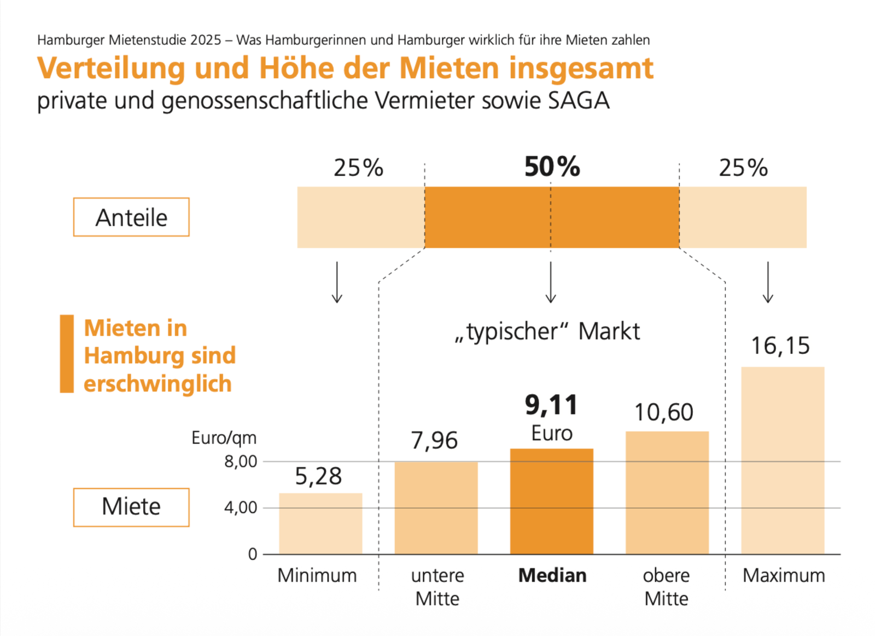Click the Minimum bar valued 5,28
[x=320, y=523]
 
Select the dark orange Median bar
[x=551, y=501]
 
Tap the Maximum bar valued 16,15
[x=783, y=460]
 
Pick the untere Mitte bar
[x=436, y=507]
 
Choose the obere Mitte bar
[x=667, y=492]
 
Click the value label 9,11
[x=551, y=405]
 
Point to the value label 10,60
[x=663, y=412]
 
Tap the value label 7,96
[x=434, y=440]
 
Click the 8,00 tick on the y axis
[x=241, y=462]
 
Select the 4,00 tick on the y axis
[x=241, y=508]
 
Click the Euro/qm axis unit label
[x=224, y=438]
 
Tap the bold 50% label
[x=552, y=167]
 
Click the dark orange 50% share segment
[x=552, y=217]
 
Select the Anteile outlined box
[x=131, y=217]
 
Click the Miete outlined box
[x=131, y=507]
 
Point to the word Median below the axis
[x=552, y=575]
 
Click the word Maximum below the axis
[x=784, y=575]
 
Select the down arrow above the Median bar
[x=551, y=282]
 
